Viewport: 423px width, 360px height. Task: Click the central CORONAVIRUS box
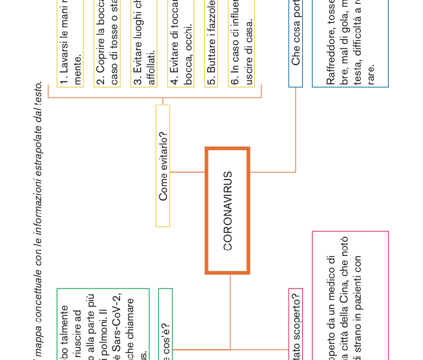pyautogui.click(x=228, y=211)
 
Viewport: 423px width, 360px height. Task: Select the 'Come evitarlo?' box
pyautogui.click(x=163, y=166)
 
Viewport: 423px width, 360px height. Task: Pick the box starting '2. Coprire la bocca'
pyautogui.click(x=107, y=43)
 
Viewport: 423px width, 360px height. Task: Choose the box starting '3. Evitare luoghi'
pyautogui.click(x=144, y=43)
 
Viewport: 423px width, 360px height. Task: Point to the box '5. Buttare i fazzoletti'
pyautogui.click(x=212, y=43)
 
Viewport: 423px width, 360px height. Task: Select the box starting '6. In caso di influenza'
pyautogui.click(x=242, y=43)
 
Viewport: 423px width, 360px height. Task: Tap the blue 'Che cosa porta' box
pyautogui.click(x=296, y=43)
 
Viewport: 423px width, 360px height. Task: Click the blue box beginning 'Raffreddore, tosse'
pyautogui.click(x=350, y=43)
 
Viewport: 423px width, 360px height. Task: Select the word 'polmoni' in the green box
pyautogui.click(x=103, y=336)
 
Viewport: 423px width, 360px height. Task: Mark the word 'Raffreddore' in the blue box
pyautogui.click(x=330, y=58)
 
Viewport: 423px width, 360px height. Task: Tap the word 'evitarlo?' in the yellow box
pyautogui.click(x=163, y=151)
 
